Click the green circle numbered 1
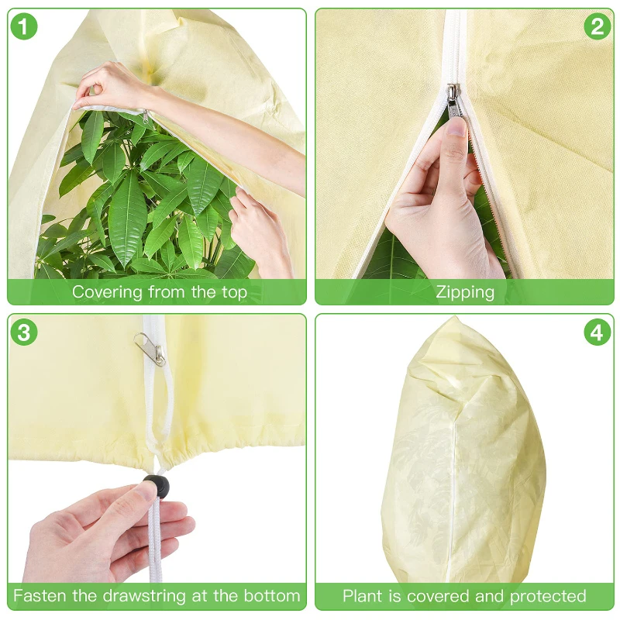(24, 26)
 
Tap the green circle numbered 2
(597, 26)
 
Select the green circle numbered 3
(24, 332)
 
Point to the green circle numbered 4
(597, 332)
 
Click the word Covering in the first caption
(108, 293)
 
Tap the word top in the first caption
(234, 293)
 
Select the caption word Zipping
(465, 293)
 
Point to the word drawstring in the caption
(145, 595)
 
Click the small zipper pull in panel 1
(145, 117)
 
